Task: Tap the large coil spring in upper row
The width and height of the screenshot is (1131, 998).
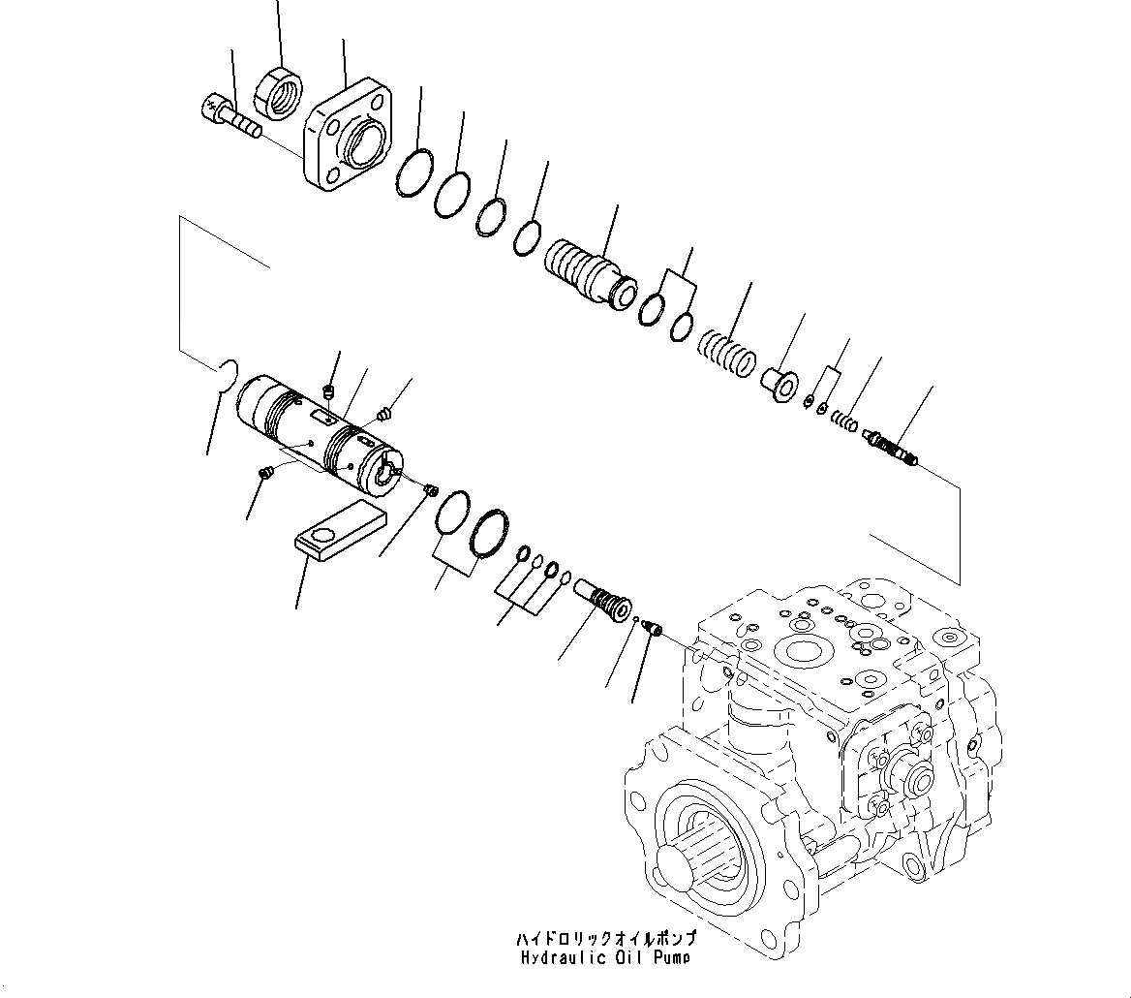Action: click(x=728, y=354)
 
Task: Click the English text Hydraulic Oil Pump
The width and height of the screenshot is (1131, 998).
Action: click(x=605, y=958)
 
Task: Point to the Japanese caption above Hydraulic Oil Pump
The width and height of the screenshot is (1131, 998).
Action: click(x=605, y=940)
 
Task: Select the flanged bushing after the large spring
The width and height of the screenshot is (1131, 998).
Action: click(x=779, y=381)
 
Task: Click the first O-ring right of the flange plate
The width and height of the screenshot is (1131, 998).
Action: click(x=413, y=173)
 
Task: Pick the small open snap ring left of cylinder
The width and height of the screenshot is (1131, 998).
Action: click(x=228, y=374)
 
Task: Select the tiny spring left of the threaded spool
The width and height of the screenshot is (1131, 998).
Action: click(x=844, y=421)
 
